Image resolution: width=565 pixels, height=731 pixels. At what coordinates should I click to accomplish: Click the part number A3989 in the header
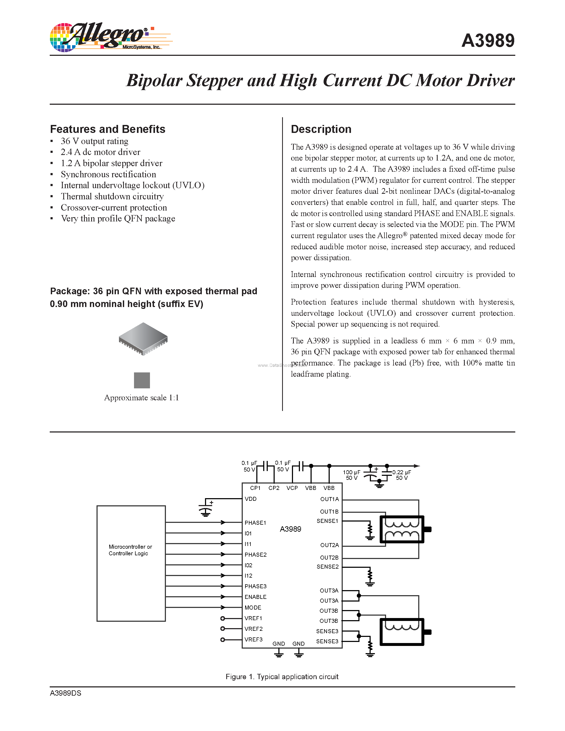tap(488, 41)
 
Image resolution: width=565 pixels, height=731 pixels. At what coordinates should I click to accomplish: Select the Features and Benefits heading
tap(107, 129)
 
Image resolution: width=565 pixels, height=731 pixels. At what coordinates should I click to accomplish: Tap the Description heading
tap(321, 129)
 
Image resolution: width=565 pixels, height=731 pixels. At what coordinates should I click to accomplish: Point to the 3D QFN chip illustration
tap(143, 339)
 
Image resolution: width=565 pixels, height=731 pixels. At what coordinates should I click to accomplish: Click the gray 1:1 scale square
tap(142, 380)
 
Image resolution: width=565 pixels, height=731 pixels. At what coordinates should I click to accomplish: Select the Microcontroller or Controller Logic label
tap(130, 550)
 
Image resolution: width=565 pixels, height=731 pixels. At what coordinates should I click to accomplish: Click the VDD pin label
tap(251, 499)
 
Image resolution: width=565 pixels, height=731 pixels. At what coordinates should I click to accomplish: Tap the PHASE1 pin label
tap(256, 523)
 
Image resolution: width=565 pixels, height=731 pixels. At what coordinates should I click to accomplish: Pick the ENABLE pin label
tap(256, 597)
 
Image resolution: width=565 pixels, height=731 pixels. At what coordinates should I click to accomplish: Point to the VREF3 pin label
tap(253, 640)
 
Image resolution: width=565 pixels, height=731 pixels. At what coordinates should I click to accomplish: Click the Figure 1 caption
tap(282, 677)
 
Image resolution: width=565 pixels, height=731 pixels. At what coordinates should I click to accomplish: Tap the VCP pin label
tap(292, 488)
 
